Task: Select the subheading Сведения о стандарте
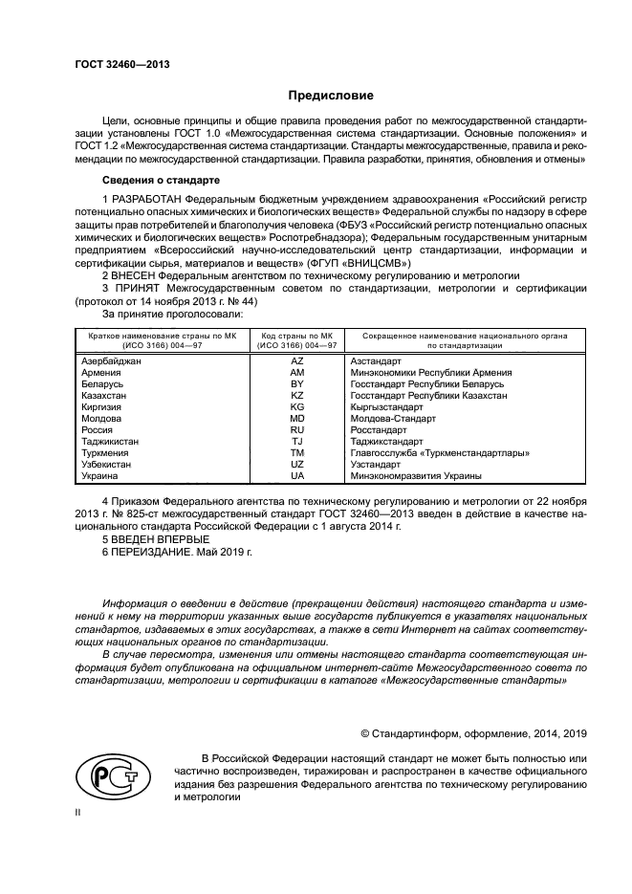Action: [x=161, y=180]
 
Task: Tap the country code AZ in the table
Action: [x=296, y=361]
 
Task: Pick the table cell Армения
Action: [x=102, y=372]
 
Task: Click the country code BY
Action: [x=296, y=383]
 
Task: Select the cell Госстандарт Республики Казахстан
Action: [x=428, y=395]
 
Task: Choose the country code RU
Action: [x=296, y=430]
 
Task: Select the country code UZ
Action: [x=296, y=464]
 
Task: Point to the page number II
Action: [x=78, y=811]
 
